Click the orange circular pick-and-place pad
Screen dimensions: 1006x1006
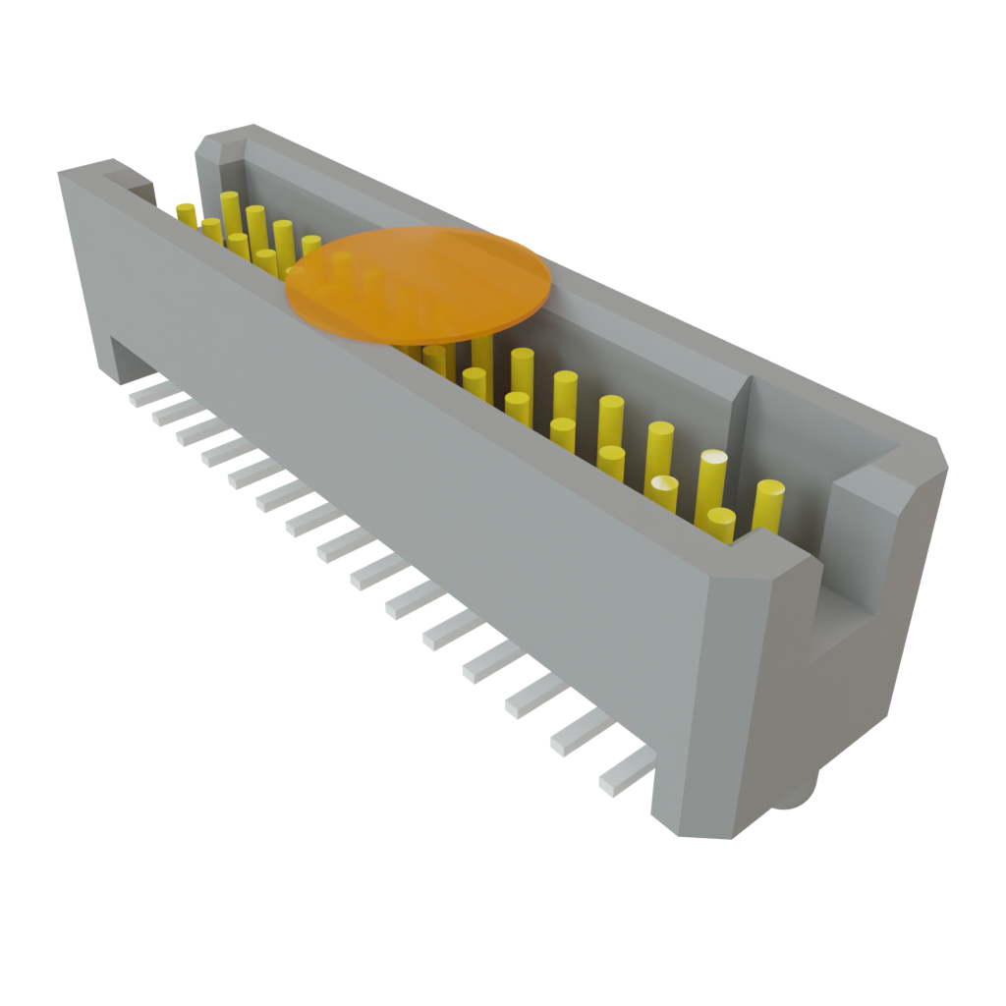click(417, 285)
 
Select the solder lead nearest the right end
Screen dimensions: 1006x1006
click(625, 770)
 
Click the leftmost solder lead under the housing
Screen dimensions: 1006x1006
click(147, 395)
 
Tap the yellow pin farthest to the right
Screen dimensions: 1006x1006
click(768, 506)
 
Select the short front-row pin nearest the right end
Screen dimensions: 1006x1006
click(720, 526)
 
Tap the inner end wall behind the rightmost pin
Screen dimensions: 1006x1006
click(776, 422)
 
